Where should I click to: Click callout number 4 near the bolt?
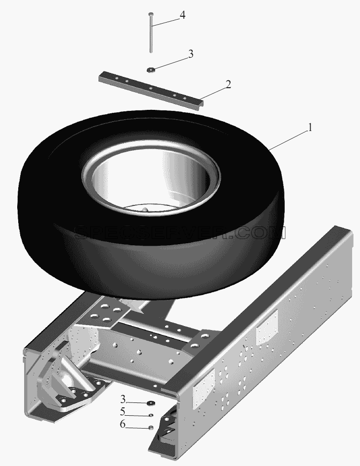[183, 15]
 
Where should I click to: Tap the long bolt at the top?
[151, 33]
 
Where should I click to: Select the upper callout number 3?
[191, 54]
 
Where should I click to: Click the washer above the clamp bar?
[151, 70]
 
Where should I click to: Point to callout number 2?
[228, 84]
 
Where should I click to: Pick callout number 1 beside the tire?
[310, 128]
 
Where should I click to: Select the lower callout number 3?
[123, 399]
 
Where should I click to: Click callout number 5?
[123, 412]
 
